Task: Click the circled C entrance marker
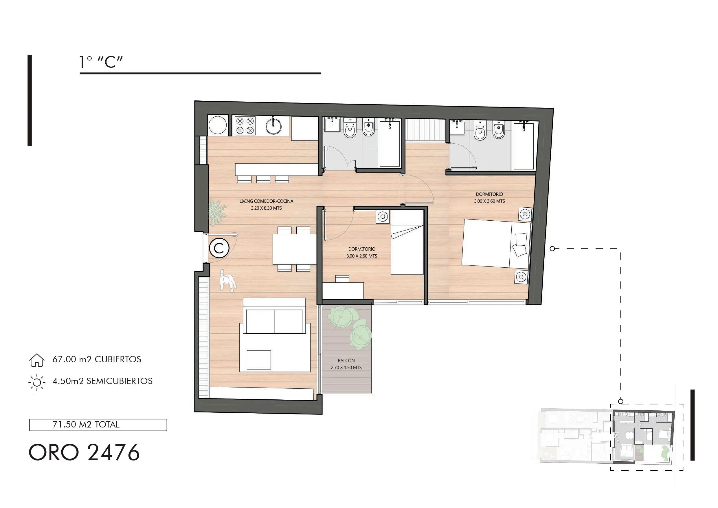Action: [x=219, y=248]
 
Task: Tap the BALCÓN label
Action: [x=346, y=361]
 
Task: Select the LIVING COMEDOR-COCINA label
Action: [x=267, y=201]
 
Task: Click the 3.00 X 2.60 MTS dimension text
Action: [x=362, y=256]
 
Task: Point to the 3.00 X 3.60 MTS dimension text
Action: [x=489, y=201]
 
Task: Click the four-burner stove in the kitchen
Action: [x=245, y=125]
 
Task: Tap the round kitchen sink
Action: [x=274, y=126]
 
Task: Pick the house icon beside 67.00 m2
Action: [x=36, y=360]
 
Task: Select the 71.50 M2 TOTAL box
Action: [x=98, y=425]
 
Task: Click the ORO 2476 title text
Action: [x=84, y=452]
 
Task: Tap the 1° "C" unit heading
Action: [x=101, y=62]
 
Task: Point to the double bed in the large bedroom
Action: [x=497, y=244]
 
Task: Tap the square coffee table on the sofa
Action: [x=259, y=360]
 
